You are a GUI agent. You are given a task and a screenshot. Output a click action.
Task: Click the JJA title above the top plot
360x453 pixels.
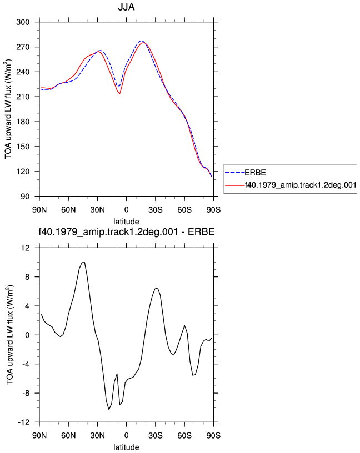click(x=126, y=7)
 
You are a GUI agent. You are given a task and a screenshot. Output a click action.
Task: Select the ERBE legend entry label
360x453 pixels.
click(x=255, y=173)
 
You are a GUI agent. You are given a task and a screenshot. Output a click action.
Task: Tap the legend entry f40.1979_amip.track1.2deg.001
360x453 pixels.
click(x=301, y=185)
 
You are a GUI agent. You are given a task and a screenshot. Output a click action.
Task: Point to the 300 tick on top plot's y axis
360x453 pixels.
click(x=23, y=22)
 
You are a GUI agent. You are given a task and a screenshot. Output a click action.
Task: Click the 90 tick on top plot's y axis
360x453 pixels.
click(x=25, y=197)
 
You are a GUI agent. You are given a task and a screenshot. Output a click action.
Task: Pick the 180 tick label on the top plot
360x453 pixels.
click(x=23, y=122)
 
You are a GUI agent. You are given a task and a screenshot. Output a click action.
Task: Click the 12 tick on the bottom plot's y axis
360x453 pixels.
click(x=26, y=248)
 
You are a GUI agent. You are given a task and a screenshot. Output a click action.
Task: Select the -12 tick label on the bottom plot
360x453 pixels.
click(x=24, y=422)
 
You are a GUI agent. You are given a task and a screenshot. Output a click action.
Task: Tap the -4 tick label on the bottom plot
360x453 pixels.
click(x=26, y=364)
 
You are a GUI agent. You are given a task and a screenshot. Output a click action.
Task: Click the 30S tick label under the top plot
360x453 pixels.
click(x=156, y=210)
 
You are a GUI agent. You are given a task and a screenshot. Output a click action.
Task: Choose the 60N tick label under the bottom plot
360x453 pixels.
click(x=68, y=436)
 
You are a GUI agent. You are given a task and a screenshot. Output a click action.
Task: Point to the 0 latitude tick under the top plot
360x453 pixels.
click(x=126, y=210)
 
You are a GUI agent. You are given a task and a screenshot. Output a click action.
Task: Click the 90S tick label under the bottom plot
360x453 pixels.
click(x=214, y=436)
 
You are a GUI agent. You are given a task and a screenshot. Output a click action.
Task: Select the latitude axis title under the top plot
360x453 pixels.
click(x=126, y=222)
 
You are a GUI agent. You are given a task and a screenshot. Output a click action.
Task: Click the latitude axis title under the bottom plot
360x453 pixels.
click(x=126, y=447)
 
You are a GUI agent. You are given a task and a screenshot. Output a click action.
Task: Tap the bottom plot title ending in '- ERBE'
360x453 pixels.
click(x=127, y=231)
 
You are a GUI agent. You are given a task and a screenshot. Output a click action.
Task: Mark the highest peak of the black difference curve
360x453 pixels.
click(x=83, y=263)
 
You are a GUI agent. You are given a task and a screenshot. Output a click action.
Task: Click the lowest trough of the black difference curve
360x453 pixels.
click(x=109, y=409)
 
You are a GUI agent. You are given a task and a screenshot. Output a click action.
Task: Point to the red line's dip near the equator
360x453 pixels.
click(x=119, y=94)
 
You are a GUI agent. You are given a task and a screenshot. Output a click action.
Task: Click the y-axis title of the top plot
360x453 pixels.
click(x=8, y=109)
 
